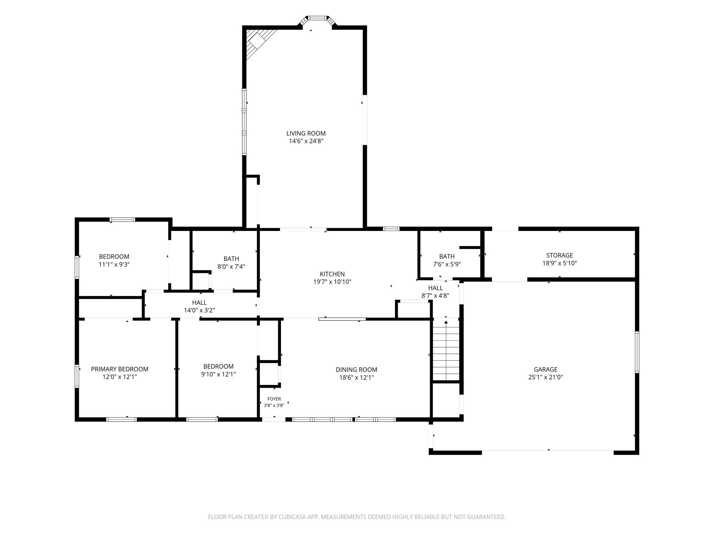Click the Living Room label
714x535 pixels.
306,133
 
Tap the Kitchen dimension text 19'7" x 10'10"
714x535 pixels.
332,282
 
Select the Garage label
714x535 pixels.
546,369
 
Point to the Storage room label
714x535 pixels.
560,255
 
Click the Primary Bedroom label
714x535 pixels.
120,369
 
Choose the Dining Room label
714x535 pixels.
356,370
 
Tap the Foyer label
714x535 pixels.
274,399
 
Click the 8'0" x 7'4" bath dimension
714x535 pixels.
231,266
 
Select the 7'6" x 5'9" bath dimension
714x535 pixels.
447,264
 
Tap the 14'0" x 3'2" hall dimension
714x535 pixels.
199,310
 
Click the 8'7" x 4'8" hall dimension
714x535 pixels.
435,296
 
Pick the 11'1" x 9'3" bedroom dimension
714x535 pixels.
114,264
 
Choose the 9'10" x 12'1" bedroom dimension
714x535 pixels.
219,374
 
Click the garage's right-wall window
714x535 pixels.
637,352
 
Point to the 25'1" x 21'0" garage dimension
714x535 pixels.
546,377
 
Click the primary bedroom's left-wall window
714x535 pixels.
77,376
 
